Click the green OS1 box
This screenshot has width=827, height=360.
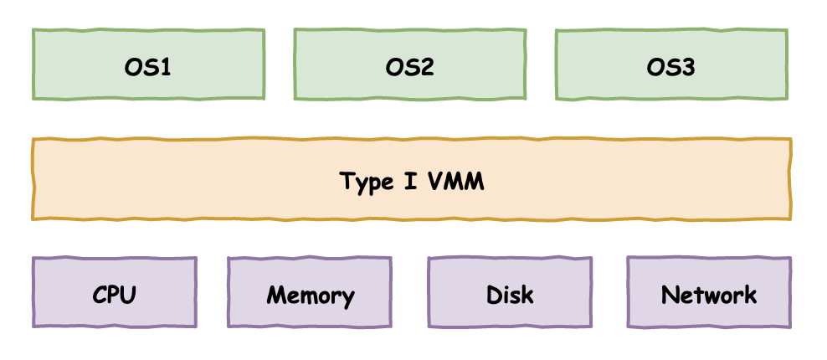(x=148, y=64)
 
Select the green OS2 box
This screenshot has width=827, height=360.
(x=409, y=64)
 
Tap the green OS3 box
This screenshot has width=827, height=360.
(x=671, y=64)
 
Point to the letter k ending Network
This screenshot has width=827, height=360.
(x=750, y=295)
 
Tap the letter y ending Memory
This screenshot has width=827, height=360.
(x=347, y=298)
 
